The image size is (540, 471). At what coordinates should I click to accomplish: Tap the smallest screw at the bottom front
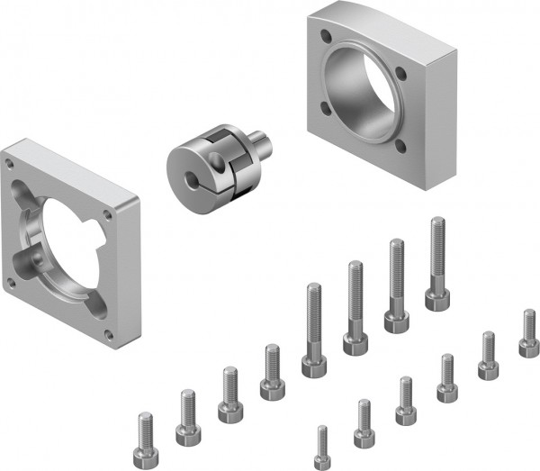(322, 447)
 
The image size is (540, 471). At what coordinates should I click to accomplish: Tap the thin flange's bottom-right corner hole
(109, 335)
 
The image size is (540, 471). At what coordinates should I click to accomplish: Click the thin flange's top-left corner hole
(9, 165)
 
